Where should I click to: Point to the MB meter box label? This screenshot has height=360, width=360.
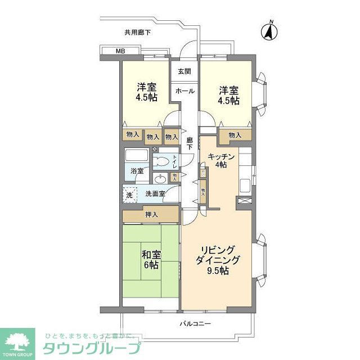pos(119,52)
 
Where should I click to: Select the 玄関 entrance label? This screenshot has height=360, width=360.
pos(184,71)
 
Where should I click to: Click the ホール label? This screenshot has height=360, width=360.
pos(184,91)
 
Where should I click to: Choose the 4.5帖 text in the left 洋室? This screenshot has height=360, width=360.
pos(147,97)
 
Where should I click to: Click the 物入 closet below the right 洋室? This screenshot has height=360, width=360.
pos(235,135)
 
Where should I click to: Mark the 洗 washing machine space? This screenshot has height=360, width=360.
pos(129,194)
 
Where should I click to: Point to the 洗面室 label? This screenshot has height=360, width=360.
pos(155,194)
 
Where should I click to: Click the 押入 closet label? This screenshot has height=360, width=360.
pos(150,214)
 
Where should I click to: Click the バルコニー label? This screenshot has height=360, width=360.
pos(195,324)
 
